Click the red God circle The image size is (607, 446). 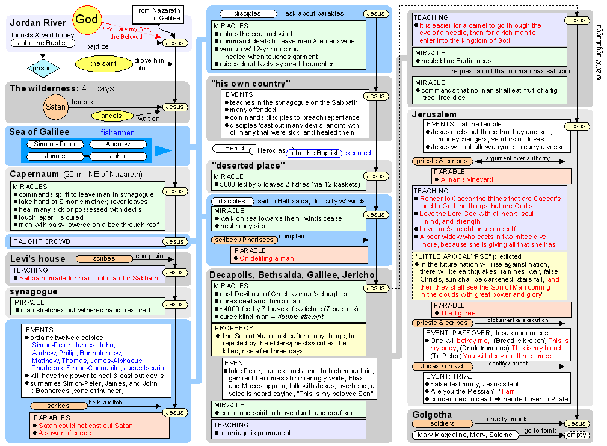87,19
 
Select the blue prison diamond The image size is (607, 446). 43,68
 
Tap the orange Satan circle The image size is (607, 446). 55,107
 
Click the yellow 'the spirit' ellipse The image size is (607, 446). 103,63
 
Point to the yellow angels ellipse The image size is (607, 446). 111,116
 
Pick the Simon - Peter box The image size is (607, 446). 55,144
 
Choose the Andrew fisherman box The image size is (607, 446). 118,144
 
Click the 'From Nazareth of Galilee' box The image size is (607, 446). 157,14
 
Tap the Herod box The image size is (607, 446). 235,148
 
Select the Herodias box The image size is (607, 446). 270,150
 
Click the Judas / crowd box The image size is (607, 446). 442,366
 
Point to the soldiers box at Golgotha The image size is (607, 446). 442,424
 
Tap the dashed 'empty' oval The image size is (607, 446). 576,435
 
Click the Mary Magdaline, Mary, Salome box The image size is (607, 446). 464,435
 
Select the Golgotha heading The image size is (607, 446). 432,414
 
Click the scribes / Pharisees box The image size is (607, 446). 244,240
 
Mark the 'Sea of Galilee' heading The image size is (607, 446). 40,132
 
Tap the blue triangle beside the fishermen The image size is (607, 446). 163,151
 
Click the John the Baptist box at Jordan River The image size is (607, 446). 43,43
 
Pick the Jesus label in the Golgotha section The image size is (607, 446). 576,424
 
